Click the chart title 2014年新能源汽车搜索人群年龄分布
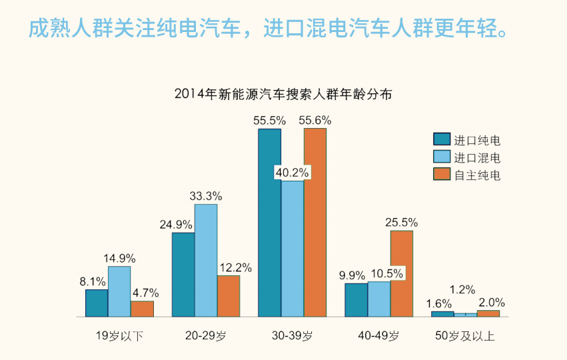[283, 94]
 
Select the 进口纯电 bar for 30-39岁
[269, 223]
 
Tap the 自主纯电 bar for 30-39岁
[315, 223]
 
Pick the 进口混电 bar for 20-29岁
[206, 260]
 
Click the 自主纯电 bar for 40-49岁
[402, 273]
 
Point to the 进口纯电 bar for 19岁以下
[97, 303]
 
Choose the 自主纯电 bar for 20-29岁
[229, 296]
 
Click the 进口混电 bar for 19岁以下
[119, 291]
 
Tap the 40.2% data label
[292, 173]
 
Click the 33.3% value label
[206, 196]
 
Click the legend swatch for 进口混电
[441, 157]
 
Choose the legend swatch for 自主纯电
[441, 175]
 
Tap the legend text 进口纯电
[477, 140]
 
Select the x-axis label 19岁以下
[120, 336]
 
